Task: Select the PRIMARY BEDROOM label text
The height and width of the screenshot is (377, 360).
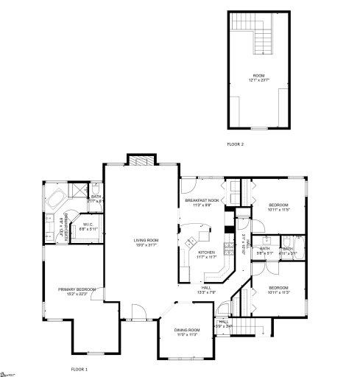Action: (x=77, y=292)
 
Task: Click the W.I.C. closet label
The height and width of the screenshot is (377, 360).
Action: (x=87, y=227)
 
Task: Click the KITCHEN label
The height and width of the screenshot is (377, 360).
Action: (x=206, y=254)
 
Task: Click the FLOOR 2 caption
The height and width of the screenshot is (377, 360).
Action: (x=235, y=144)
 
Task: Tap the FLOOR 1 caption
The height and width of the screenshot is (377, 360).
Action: (x=79, y=368)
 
